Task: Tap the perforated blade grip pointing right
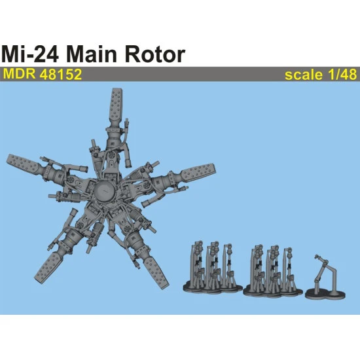(196, 174)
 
